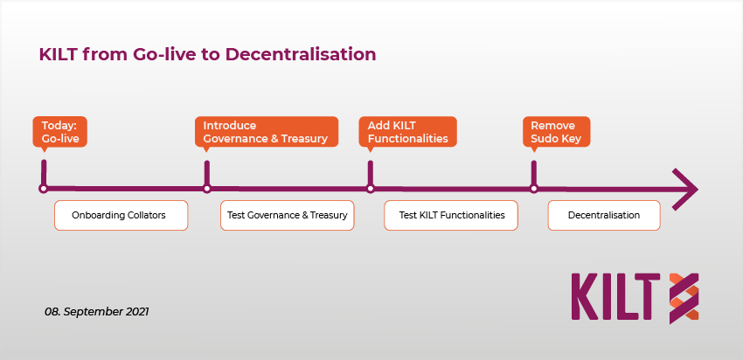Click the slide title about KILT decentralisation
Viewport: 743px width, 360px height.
click(207, 54)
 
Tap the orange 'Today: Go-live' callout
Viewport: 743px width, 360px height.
click(59, 132)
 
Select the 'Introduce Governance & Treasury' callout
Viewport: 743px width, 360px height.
click(267, 132)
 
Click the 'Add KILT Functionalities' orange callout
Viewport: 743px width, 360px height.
click(408, 132)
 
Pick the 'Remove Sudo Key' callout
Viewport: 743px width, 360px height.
click(556, 132)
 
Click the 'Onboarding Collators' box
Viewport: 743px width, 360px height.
click(122, 216)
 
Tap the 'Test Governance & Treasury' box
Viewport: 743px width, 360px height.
click(288, 216)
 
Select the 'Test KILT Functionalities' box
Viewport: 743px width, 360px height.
click(451, 216)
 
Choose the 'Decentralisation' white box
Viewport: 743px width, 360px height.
click(604, 216)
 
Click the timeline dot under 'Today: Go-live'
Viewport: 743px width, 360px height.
click(43, 189)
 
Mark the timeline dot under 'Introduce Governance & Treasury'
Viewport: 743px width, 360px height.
click(206, 189)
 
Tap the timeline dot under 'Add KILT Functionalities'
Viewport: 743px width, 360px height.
click(371, 189)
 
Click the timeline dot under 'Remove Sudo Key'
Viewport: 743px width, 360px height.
click(534, 189)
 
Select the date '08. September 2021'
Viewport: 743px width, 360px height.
click(97, 312)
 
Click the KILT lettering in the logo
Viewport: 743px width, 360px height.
click(615, 296)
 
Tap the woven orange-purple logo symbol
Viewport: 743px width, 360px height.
click(684, 299)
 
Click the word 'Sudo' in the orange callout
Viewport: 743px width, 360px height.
click(544, 139)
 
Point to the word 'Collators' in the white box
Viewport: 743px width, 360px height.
click(147, 216)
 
